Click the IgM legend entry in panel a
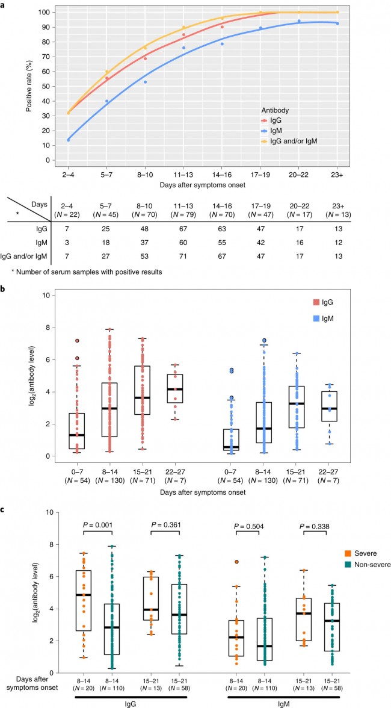tap(276, 131)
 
